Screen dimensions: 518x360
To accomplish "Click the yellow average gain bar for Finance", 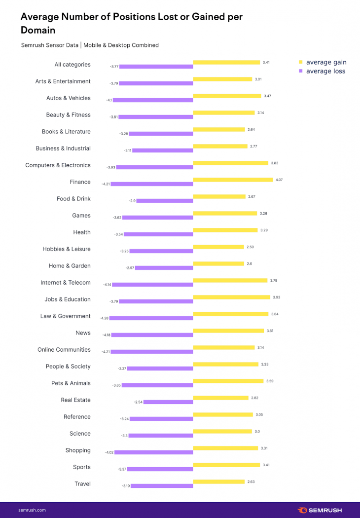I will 232,180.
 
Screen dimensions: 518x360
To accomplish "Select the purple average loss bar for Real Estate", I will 168,402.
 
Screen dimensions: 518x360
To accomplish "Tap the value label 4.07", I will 279,180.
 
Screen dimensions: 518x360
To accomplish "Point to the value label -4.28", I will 104,318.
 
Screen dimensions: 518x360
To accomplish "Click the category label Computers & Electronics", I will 58,165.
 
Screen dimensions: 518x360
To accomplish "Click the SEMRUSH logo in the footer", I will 319,510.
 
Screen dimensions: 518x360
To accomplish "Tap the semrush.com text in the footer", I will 32,510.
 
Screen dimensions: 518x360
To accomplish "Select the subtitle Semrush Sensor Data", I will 49,45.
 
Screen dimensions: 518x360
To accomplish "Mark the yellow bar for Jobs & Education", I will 231,297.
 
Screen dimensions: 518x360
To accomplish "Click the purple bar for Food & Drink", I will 164,201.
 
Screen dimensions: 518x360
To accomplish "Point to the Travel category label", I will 82,484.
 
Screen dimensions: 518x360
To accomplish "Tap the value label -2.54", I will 138,402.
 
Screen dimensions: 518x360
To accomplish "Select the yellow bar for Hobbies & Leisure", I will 218,247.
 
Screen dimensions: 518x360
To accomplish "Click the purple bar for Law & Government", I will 151,318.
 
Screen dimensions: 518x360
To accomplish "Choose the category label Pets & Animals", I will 71,383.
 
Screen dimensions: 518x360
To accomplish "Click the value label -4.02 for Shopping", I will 109,452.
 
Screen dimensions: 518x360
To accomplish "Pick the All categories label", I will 72,65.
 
